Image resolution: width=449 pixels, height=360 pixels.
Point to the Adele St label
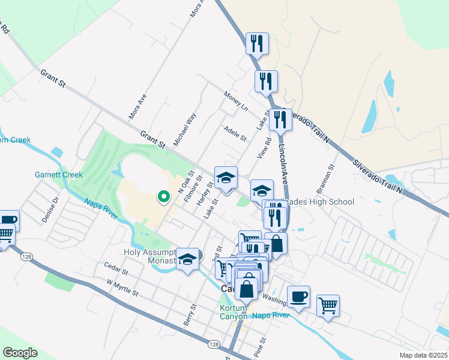234,134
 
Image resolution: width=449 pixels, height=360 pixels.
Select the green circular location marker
162,196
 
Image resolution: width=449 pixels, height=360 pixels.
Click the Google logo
20,352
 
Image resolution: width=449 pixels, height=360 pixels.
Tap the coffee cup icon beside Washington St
298,296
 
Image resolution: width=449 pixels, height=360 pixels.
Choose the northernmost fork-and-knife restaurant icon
256,43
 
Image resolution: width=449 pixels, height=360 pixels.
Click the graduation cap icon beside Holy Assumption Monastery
188,259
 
